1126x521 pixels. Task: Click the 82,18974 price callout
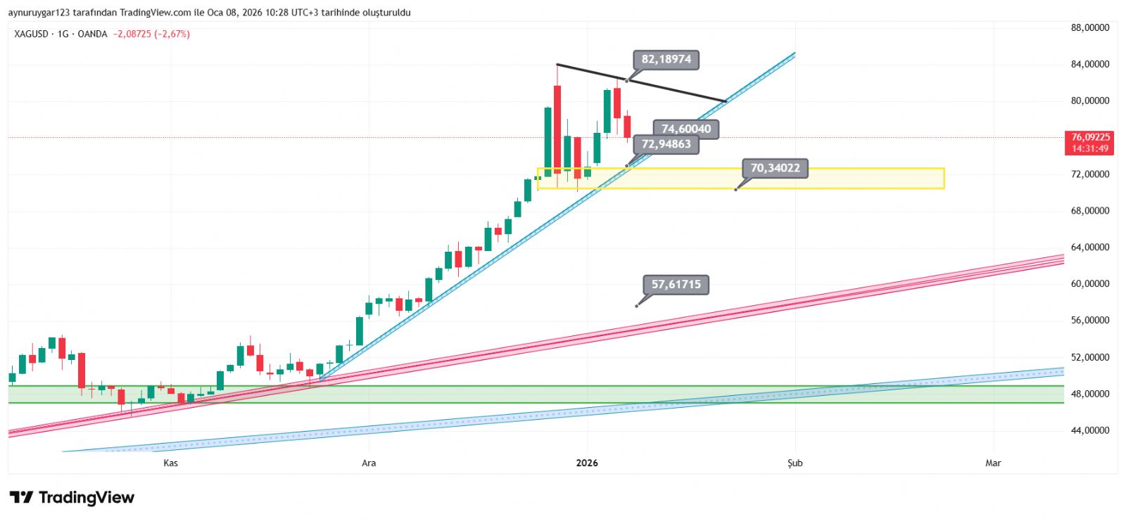(x=666, y=60)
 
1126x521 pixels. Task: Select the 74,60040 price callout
(x=686, y=129)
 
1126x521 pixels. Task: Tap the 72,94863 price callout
(x=666, y=144)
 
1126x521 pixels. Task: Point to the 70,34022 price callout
(x=775, y=168)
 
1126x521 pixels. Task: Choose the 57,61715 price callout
(x=676, y=285)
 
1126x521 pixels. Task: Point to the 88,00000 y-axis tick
(x=1090, y=28)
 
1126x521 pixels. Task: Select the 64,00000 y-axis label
(x=1090, y=247)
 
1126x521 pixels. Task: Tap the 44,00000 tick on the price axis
(x=1090, y=430)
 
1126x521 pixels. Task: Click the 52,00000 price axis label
(x=1090, y=357)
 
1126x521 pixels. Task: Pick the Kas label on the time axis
(x=170, y=463)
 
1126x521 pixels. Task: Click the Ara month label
(x=369, y=463)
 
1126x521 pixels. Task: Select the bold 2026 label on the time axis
(x=587, y=463)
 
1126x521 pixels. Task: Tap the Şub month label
(x=795, y=463)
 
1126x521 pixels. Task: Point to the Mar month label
(x=993, y=463)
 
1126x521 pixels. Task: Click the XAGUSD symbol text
(x=32, y=34)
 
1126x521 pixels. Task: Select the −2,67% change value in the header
(x=172, y=34)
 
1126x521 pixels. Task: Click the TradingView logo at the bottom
(x=72, y=498)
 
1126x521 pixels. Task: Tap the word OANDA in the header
(x=92, y=34)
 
